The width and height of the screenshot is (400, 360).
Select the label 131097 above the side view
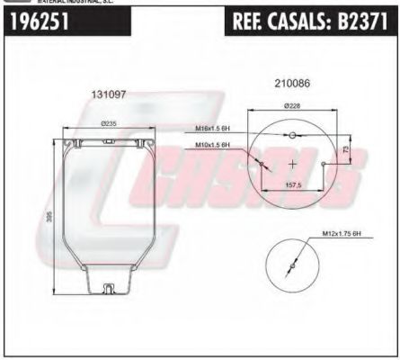(108, 94)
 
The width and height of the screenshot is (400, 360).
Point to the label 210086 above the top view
(291, 84)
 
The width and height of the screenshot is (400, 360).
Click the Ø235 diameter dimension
(110, 123)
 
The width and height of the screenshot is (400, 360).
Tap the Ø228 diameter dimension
(292, 105)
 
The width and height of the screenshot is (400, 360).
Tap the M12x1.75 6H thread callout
(341, 234)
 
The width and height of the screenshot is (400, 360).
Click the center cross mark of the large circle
(293, 164)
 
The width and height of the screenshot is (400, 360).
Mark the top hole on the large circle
(293, 135)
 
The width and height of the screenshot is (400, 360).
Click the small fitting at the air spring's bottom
(109, 288)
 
